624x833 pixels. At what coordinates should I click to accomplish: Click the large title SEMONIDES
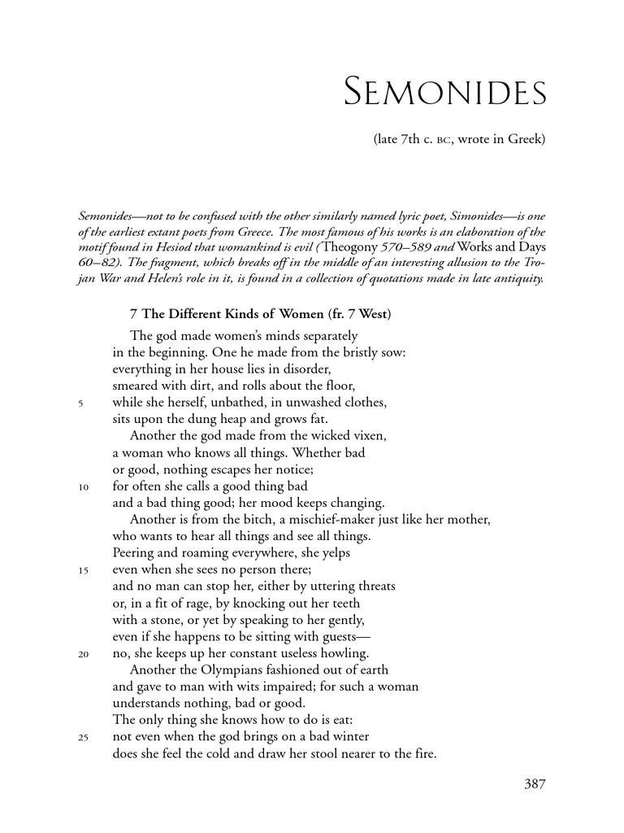[445, 94]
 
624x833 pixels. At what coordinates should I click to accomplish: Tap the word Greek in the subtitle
[526, 139]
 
